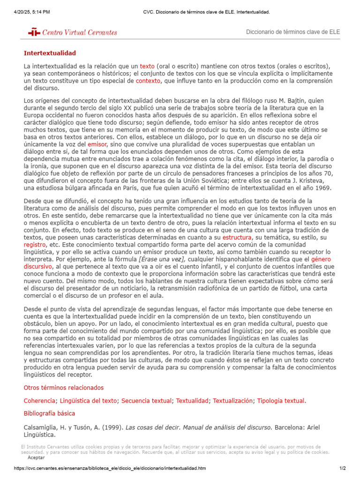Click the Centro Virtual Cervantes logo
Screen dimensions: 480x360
click(73, 32)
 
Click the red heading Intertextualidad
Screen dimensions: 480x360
click(50, 53)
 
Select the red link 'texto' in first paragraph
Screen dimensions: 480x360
click(147, 67)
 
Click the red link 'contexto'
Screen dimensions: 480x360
click(148, 81)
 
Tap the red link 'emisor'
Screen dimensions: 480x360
click(97, 144)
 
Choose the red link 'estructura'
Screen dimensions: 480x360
click(237, 238)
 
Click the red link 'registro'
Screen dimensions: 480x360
click(35, 245)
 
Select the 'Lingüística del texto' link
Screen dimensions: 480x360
click(89, 401)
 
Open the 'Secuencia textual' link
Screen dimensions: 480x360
click(146, 401)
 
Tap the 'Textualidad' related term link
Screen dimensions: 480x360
click(192, 401)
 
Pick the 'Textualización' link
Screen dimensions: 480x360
click(233, 401)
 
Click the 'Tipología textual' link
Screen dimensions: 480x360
click(281, 401)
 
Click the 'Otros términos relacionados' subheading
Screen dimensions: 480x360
click(64, 388)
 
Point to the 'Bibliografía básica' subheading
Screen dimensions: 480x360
click(49, 413)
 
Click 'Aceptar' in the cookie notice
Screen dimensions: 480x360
click(36, 457)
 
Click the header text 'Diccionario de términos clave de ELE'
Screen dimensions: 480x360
click(293, 32)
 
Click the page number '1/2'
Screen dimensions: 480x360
click(342, 468)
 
